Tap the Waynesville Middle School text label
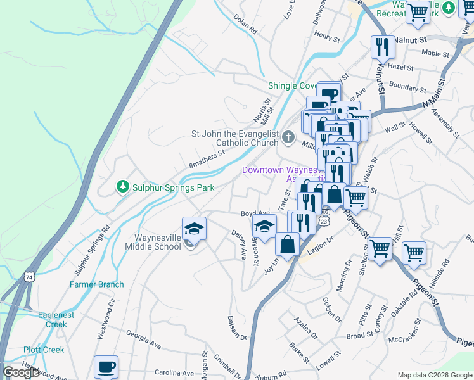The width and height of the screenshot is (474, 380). point(157,242)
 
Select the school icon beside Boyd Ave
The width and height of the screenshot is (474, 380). point(264,225)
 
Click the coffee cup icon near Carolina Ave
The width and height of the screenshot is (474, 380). point(106,367)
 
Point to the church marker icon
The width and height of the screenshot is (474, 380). point(288,137)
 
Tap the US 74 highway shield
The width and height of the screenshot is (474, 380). point(29,277)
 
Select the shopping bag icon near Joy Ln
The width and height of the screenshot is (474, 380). point(288,244)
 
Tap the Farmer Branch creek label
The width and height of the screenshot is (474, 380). point(97,284)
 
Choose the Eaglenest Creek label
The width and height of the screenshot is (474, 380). point(56,319)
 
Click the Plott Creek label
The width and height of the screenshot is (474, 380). point(44,350)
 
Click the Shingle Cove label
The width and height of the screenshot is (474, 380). point(292,85)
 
